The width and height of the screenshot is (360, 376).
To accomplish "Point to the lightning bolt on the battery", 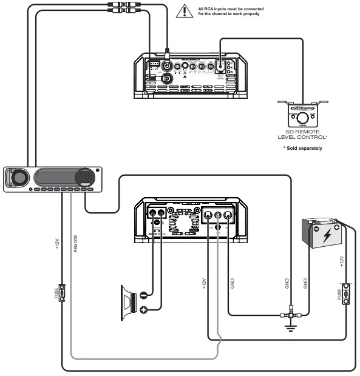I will tap(327, 233).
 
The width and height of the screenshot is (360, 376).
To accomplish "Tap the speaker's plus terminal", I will tap(143, 310).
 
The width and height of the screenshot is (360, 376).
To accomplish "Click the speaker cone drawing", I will tap(128, 302).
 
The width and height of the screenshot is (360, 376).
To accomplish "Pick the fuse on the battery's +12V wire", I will tap(345, 294).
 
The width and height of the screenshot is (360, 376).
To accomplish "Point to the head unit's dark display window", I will tap(55, 178).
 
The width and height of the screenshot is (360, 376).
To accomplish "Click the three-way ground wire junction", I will tap(290, 315).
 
